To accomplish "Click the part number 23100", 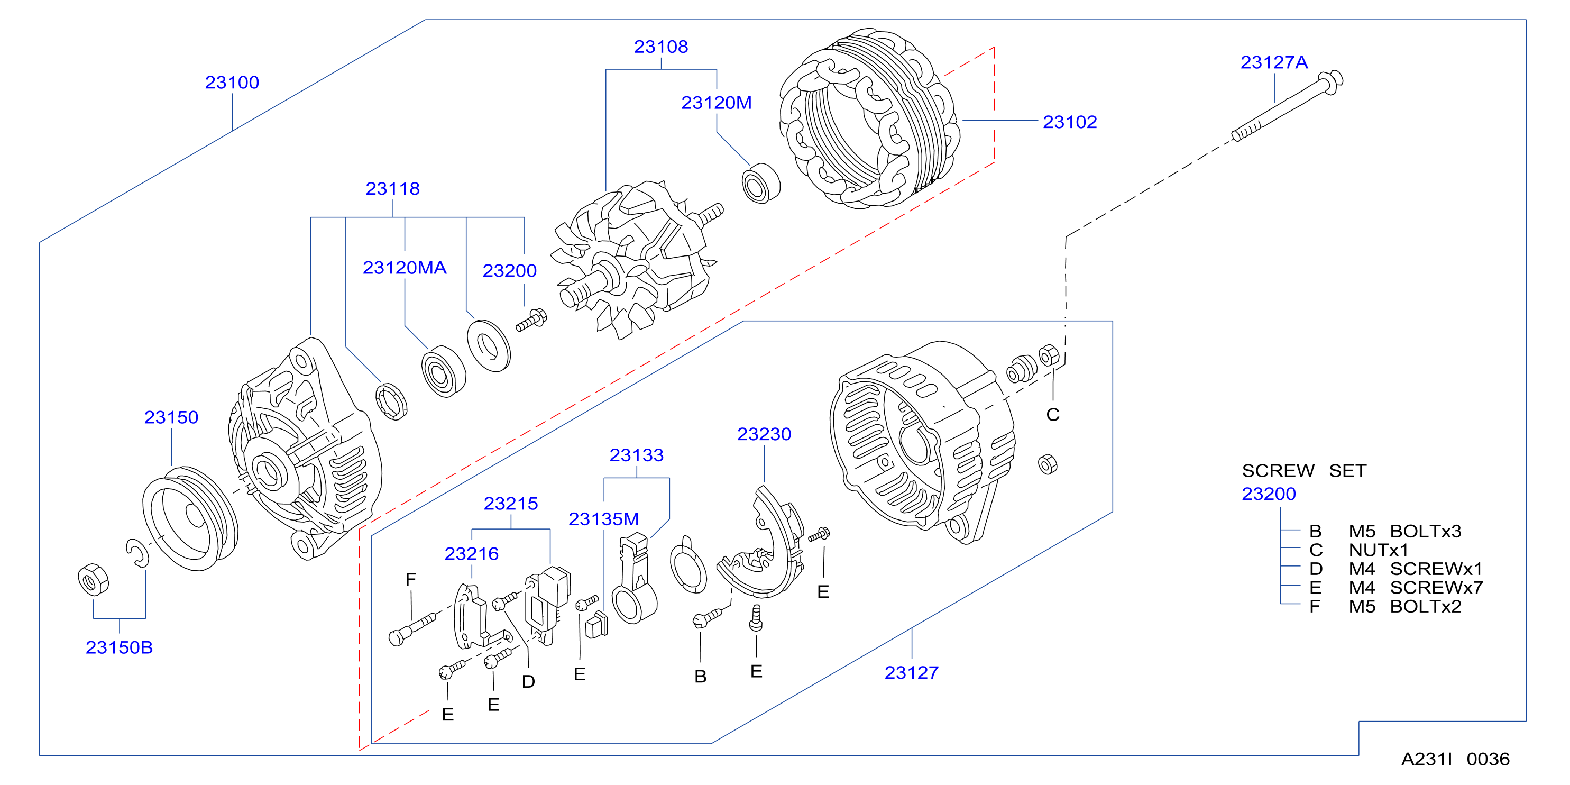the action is point(232,83).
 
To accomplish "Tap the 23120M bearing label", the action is point(716,103).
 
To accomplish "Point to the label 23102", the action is point(1070,122).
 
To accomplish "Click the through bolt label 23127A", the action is point(1274,62).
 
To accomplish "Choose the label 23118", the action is point(392,188).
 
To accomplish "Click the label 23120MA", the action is point(405,268).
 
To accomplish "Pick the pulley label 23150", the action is point(171,417).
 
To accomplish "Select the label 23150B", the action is point(119,647).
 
